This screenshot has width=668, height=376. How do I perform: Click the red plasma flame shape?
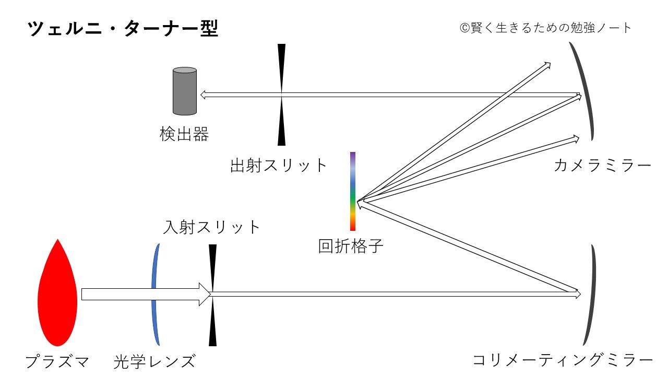tap(57, 295)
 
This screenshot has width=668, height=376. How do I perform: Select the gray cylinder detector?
tap(185, 91)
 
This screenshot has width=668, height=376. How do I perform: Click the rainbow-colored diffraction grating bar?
tap(353, 191)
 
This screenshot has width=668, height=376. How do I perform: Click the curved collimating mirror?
tap(591, 295)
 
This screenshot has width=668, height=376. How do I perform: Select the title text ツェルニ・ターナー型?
tap(123, 29)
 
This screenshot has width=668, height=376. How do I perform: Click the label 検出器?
tap(184, 134)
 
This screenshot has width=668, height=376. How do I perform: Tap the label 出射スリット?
tap(279, 166)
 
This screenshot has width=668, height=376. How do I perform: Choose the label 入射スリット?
tap(211, 227)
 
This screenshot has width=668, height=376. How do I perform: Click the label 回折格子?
tap(351, 245)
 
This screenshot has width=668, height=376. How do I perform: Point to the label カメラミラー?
tap(603, 166)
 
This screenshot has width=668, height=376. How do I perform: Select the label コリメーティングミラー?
tap(563, 360)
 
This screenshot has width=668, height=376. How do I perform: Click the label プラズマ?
tap(57, 361)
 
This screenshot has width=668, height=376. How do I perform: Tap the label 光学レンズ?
tap(154, 361)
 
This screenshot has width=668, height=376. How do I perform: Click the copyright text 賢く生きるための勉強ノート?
tap(546, 28)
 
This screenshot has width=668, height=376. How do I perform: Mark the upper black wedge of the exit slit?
tap(282, 65)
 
